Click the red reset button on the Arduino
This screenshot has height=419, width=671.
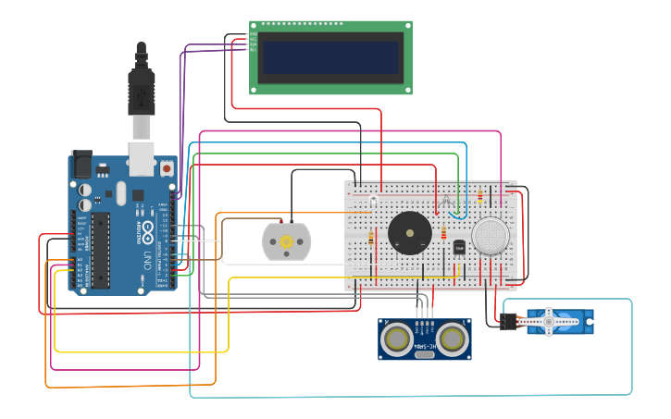166,168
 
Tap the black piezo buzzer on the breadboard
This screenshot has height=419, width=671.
409,232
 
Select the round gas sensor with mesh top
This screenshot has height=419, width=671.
490,236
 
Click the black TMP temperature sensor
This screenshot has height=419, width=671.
459,248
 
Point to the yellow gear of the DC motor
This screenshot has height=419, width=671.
286,241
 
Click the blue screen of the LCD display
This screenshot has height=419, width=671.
330,56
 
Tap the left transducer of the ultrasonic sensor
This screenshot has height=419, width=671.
397,339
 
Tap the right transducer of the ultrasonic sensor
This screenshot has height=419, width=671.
451,339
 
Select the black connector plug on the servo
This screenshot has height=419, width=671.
507,322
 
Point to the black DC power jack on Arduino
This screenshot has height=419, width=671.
81,164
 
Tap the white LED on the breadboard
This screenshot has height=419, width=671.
373,201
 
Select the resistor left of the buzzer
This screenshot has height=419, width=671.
371,239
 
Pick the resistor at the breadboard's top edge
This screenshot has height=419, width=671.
479,195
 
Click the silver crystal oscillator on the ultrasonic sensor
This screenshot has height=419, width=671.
424,354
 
